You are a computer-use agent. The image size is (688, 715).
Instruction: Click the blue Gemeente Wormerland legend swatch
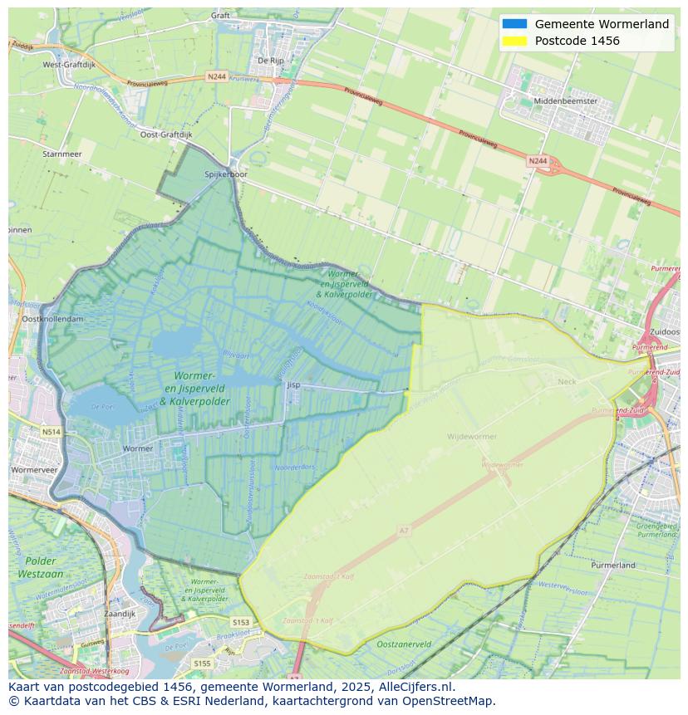pos(514,24)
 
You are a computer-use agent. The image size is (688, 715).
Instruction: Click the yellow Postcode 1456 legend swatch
pos(514,41)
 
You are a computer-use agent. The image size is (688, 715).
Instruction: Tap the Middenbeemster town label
pos(565,100)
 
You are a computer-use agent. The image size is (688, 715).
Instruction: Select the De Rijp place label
pos(271,60)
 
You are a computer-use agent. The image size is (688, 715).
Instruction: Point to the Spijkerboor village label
pos(226,174)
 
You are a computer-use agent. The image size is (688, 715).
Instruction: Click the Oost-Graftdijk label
pos(165,134)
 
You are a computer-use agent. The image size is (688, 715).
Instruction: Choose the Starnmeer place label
pos(61,154)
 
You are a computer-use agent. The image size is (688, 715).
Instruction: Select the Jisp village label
pos(292,385)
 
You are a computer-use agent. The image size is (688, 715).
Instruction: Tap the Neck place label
pos(567,381)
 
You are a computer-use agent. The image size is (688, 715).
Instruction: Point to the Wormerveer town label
pos(33,469)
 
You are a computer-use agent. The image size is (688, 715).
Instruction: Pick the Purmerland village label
pos(613,565)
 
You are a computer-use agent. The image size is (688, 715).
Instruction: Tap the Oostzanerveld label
pos(403,644)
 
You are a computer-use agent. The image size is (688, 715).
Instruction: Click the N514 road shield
pos(52,432)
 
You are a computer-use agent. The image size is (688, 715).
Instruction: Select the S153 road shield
pos(240,622)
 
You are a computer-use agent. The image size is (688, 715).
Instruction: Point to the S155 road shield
pos(202,664)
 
